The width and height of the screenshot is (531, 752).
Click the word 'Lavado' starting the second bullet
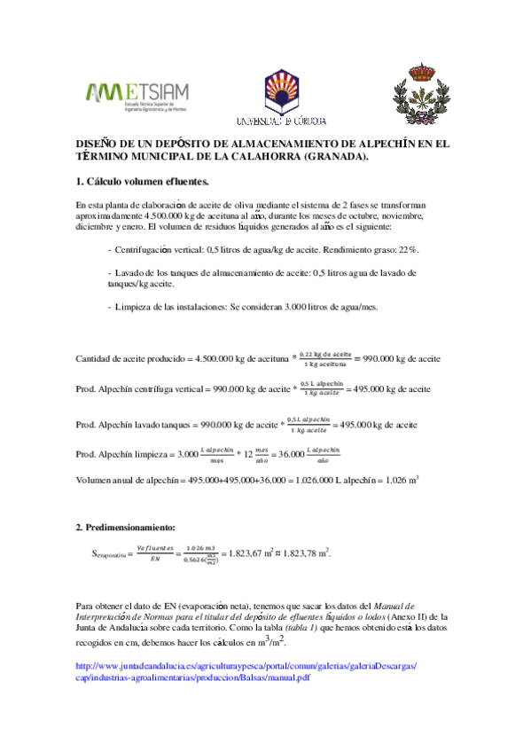point(133,273)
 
